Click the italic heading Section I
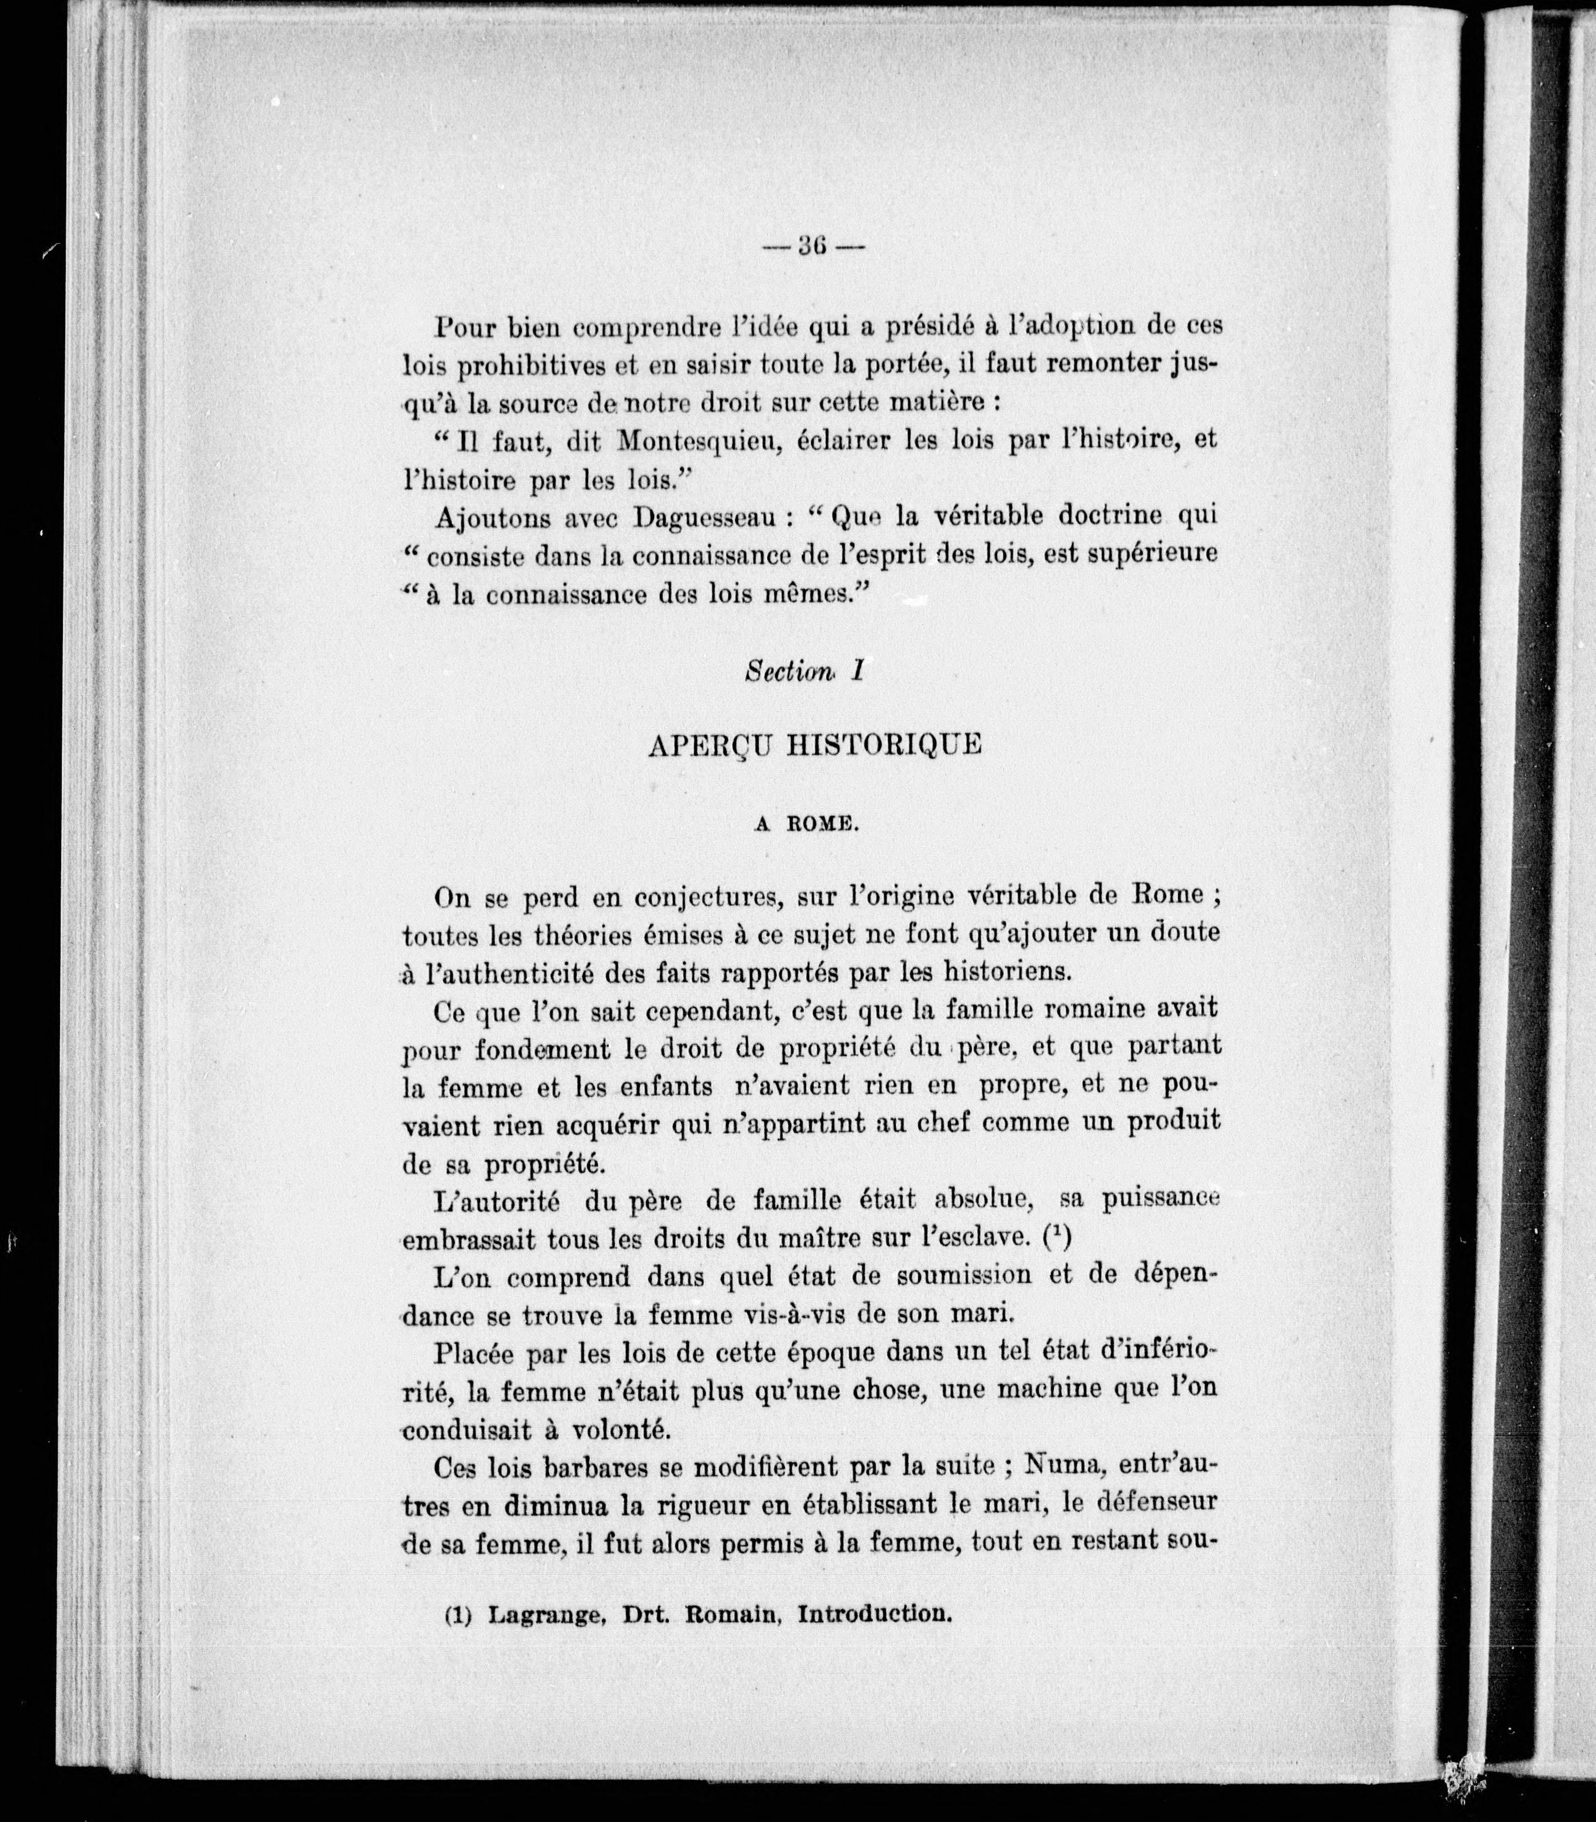tap(804, 671)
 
